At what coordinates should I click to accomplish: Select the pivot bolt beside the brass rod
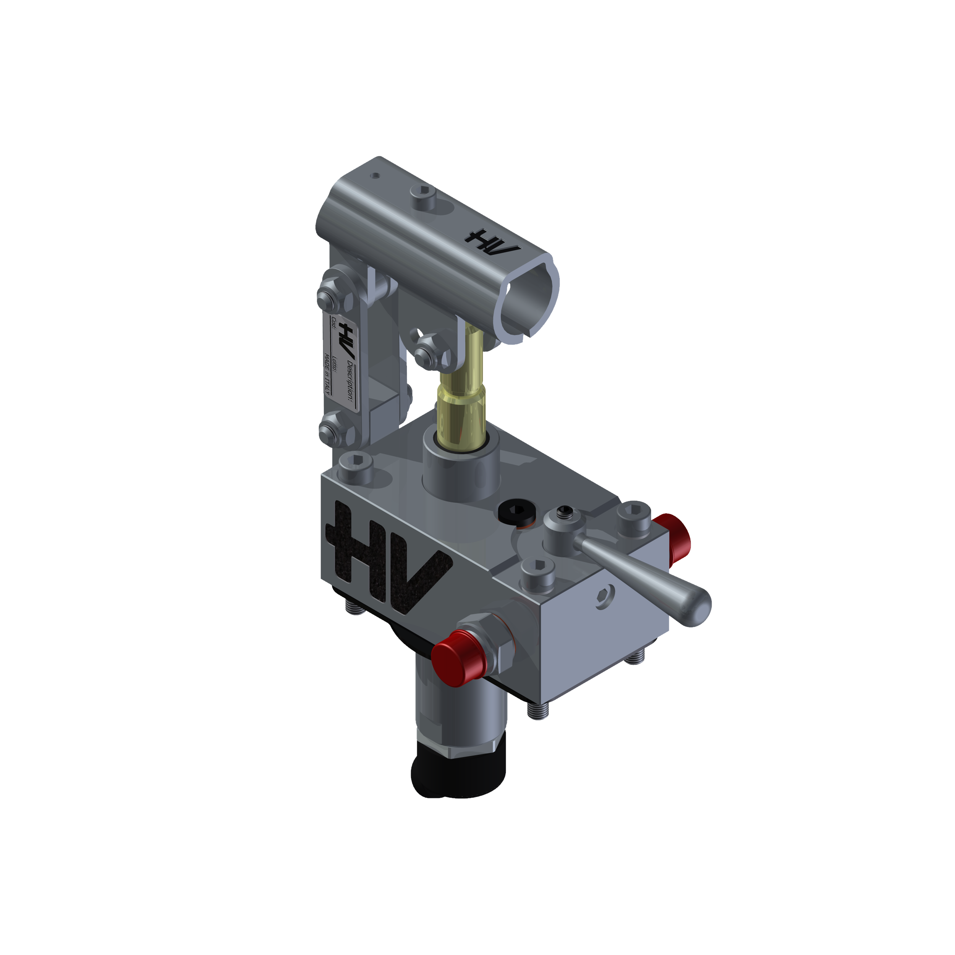coord(426,351)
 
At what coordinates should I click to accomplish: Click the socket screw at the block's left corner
coord(355,465)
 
